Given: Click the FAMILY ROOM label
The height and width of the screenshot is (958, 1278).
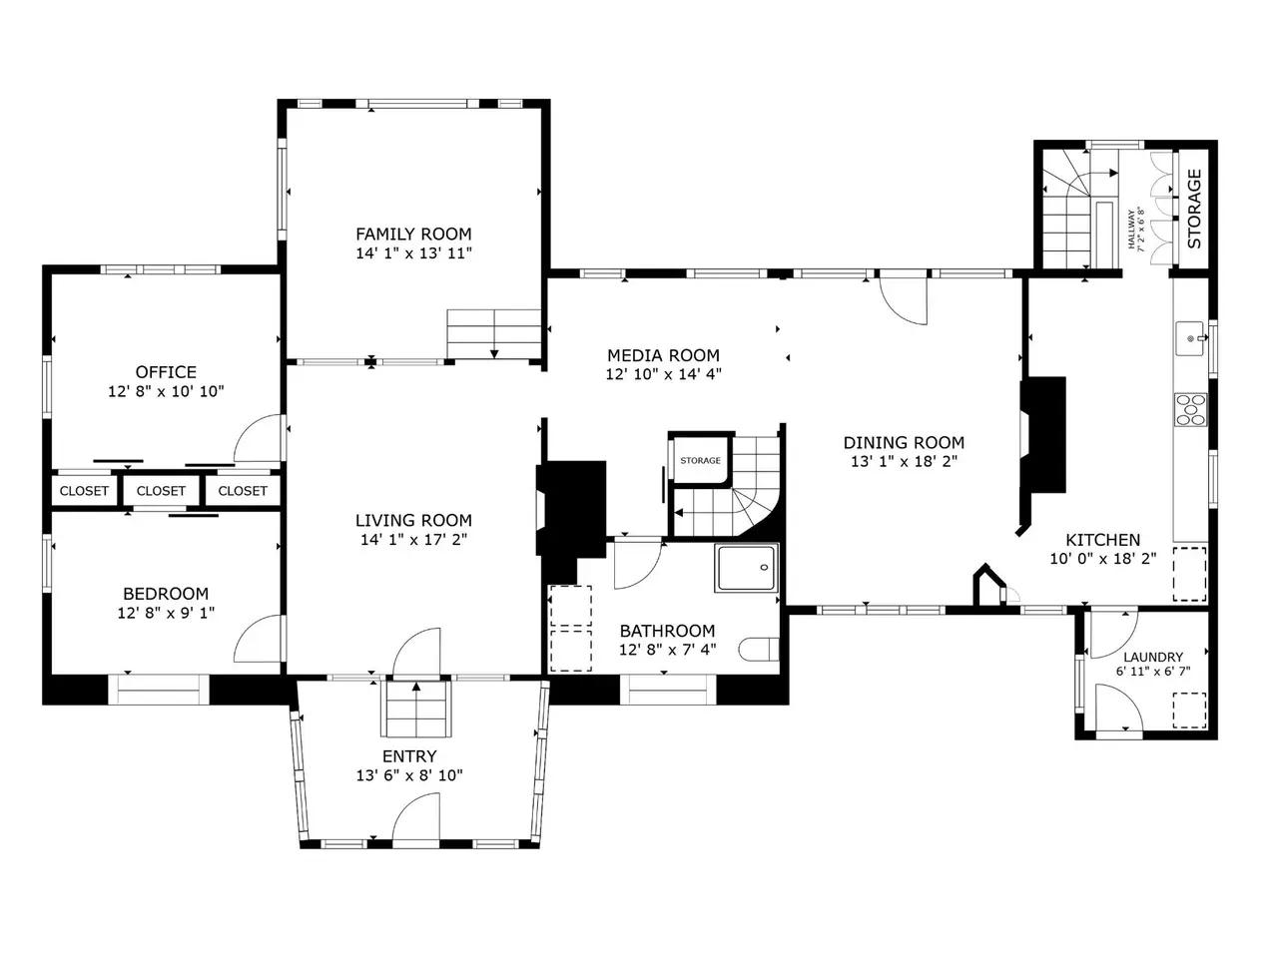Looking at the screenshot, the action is (413, 234).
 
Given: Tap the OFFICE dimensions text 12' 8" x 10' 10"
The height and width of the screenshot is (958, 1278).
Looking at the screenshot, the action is (166, 391).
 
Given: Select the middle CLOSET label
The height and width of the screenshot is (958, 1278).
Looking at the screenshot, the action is (161, 491).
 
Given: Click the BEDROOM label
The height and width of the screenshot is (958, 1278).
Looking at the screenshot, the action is (166, 594).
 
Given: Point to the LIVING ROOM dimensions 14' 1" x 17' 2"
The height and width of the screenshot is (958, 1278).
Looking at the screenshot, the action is (413, 540).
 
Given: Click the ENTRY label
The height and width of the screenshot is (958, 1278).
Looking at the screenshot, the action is (409, 756).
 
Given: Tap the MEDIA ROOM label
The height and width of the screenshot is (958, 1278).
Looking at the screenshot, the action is (663, 355).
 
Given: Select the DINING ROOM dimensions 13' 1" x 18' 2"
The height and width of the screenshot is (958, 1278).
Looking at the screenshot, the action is (904, 462).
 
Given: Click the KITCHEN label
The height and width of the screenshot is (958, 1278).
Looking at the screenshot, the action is (1102, 540).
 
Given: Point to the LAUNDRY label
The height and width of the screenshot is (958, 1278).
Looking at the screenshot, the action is (1153, 658).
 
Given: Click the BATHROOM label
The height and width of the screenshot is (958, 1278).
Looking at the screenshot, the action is (667, 631).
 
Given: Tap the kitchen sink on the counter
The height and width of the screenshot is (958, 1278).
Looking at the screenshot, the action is (1190, 338).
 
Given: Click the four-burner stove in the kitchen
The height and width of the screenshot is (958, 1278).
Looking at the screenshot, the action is (1191, 409).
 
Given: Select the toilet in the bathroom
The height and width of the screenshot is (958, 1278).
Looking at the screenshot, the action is (759, 649).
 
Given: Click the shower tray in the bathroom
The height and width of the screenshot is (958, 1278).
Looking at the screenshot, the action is (747, 568).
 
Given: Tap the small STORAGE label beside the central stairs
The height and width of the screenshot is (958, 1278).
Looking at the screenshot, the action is (701, 460).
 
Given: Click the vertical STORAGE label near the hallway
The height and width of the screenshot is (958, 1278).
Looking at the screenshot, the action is (1194, 209).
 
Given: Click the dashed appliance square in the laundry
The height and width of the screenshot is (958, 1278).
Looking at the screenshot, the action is (1189, 711).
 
